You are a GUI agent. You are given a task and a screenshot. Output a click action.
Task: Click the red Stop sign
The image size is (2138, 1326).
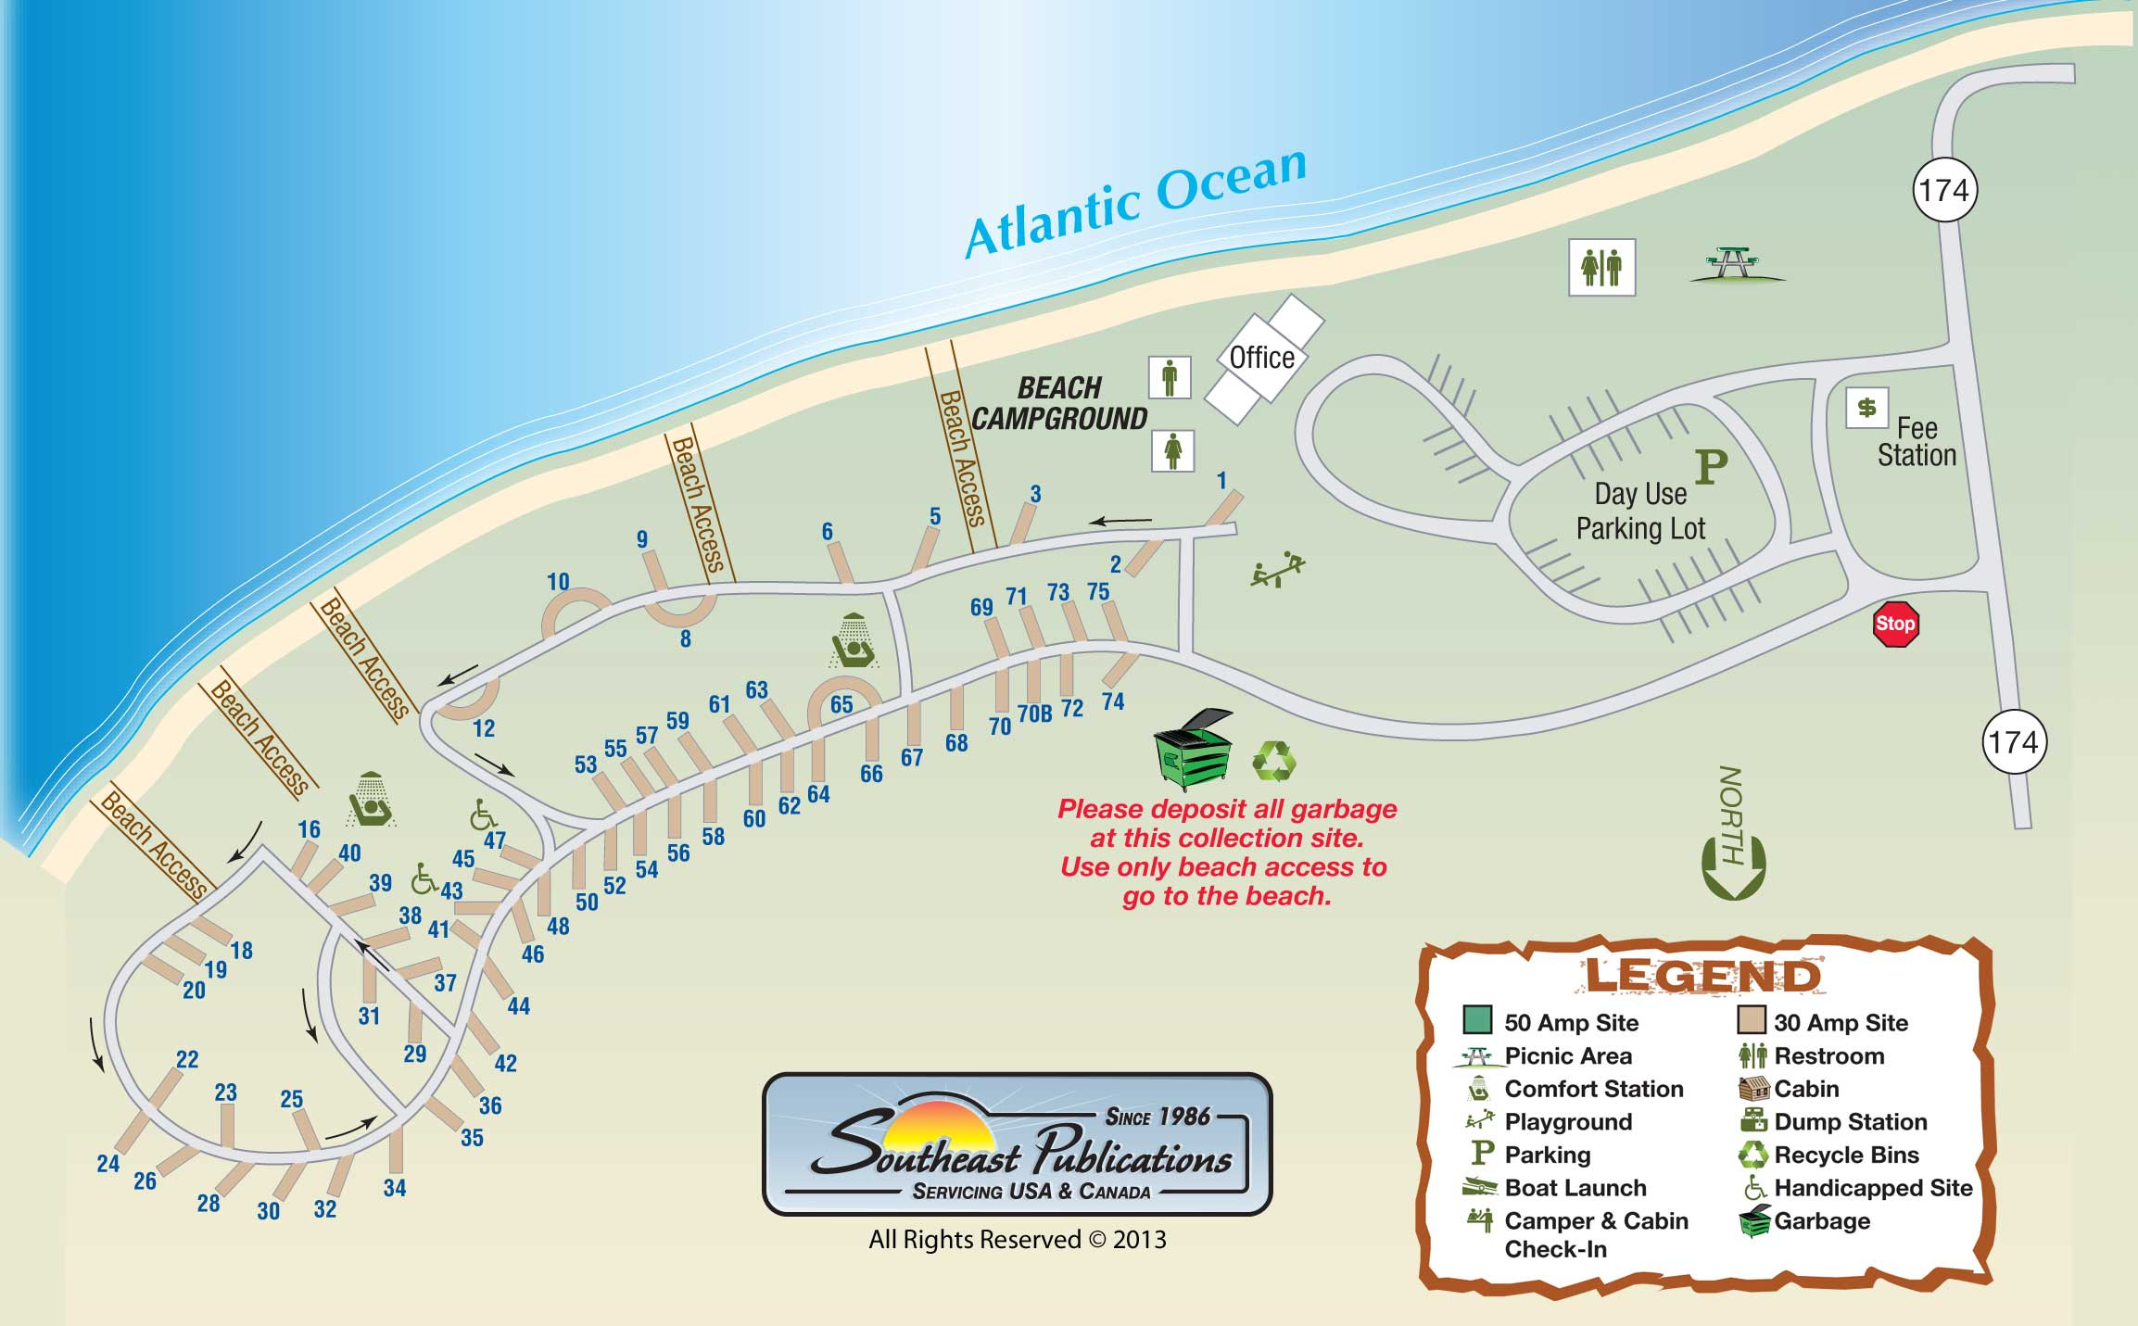[x=1894, y=624]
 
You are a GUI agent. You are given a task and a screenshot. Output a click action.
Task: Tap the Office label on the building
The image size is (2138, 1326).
[x=1261, y=358]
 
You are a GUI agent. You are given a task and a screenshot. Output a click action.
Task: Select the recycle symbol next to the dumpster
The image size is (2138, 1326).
[x=1274, y=761]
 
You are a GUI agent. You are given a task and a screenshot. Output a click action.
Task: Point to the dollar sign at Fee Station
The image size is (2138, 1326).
[x=1866, y=408]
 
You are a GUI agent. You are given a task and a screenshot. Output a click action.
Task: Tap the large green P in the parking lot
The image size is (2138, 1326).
[x=1711, y=467]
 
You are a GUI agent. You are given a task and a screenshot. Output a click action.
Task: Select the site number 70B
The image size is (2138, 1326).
[x=1035, y=714]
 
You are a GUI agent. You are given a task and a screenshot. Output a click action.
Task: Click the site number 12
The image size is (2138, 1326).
[x=484, y=728]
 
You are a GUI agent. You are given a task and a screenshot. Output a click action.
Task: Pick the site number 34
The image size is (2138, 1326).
[x=395, y=1188]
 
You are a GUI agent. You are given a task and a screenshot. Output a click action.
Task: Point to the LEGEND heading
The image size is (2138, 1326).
[x=1702, y=977]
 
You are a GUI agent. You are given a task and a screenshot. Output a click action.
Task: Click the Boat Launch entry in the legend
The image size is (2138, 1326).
[x=1575, y=1188]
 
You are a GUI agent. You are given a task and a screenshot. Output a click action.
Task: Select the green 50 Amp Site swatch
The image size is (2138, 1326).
[x=1477, y=1020]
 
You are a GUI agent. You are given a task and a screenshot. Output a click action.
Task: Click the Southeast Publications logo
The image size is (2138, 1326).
[x=1017, y=1143]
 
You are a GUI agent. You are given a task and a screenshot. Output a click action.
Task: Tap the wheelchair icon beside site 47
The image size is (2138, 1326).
[x=482, y=815]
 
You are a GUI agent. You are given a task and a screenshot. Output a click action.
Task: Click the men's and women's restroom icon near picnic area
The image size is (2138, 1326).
[x=1601, y=268]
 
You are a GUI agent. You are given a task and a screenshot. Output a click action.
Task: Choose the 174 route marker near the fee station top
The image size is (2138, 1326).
[x=1944, y=190]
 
